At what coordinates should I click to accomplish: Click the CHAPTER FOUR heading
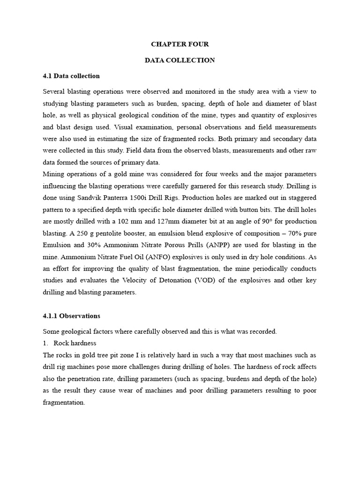[180, 44]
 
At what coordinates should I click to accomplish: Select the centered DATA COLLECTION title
[180, 60]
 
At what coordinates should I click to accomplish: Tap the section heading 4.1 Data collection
[71, 76]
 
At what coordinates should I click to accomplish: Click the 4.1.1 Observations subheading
[71, 316]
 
